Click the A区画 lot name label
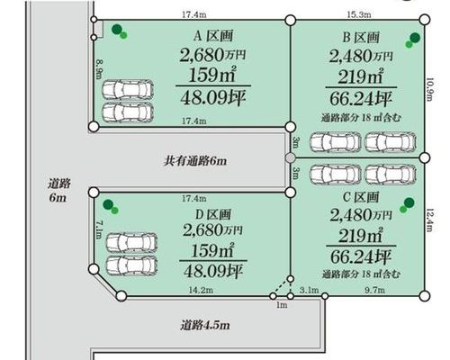click(213, 36)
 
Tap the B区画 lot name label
click(361, 38)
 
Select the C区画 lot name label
click(361, 197)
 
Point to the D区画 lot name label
click(213, 214)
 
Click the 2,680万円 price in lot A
click(212, 55)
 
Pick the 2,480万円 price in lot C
click(361, 215)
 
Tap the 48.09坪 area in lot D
click(213, 271)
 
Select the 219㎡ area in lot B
click(361, 76)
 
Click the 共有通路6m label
click(195, 161)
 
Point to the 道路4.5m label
click(205, 325)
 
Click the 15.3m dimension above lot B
click(359, 14)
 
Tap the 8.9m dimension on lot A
click(99, 69)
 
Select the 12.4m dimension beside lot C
click(430, 220)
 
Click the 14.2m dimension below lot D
click(201, 290)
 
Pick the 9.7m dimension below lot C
click(374, 290)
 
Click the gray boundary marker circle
click(290, 158)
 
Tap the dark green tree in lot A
click(117, 30)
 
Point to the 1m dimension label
click(282, 305)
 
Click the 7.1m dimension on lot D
click(99, 230)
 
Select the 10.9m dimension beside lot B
click(430, 89)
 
